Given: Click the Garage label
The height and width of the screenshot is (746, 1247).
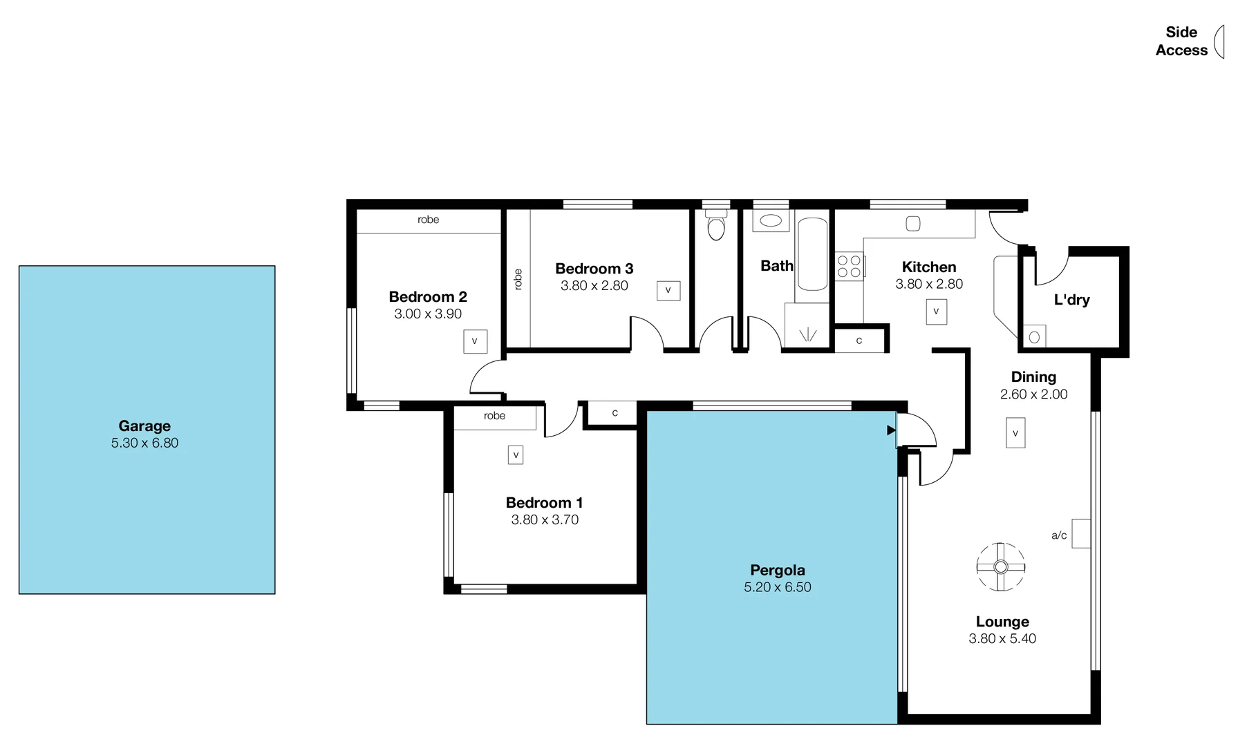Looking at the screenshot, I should pyautogui.click(x=144, y=426).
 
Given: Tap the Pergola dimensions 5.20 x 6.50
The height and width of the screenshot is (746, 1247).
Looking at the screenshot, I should pyautogui.click(x=777, y=587).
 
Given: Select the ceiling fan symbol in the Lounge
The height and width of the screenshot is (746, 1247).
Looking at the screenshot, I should pyautogui.click(x=1000, y=567).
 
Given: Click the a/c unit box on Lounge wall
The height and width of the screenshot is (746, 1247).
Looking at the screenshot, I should pyautogui.click(x=1080, y=533).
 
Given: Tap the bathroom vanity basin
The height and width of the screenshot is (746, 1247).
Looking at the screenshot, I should pyautogui.click(x=770, y=222).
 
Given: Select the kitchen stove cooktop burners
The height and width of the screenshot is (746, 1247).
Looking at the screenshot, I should pyautogui.click(x=849, y=267).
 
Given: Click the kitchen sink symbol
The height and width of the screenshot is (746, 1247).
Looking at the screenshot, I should pyautogui.click(x=913, y=223).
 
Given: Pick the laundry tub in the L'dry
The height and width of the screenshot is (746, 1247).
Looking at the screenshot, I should pyautogui.click(x=1034, y=337).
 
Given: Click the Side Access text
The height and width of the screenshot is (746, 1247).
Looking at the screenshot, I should pyautogui.click(x=1181, y=41).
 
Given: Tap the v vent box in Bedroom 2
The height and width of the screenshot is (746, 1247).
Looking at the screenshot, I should pyautogui.click(x=475, y=341).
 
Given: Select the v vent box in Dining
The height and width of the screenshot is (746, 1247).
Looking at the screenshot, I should pyautogui.click(x=1015, y=433).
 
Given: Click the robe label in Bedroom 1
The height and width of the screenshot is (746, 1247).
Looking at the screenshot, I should pyautogui.click(x=494, y=416).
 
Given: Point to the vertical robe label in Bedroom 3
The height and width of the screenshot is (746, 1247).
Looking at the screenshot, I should pyautogui.click(x=518, y=279).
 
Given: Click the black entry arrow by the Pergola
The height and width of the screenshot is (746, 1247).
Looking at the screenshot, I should pyautogui.click(x=891, y=430).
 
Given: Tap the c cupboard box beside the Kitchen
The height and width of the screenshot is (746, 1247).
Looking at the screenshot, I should pyautogui.click(x=859, y=341).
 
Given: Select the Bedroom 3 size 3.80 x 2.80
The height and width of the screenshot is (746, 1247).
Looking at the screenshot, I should pyautogui.click(x=594, y=286).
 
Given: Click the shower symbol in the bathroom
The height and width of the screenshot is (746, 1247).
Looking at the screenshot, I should pyautogui.click(x=807, y=335).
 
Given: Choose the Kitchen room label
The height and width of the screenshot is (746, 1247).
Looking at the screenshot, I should pyautogui.click(x=928, y=267).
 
